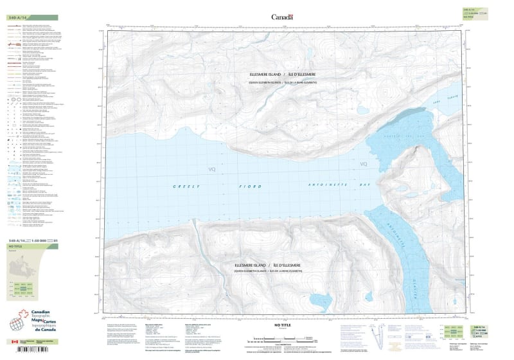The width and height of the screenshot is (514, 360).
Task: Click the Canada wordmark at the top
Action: [x=282, y=17]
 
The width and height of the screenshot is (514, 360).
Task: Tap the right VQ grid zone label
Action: [x=364, y=165]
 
